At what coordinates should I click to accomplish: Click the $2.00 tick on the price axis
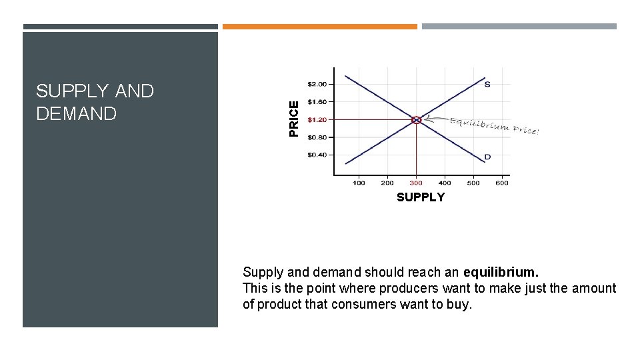(317, 84)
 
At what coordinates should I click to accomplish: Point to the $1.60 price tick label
(317, 102)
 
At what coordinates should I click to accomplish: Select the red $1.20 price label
(317, 120)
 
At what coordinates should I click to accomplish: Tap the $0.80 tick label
(317, 137)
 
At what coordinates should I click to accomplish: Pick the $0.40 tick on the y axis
(317, 155)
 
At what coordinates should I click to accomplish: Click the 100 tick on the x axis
(359, 183)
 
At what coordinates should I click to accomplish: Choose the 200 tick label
(387, 183)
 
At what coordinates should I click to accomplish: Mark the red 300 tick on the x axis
(416, 183)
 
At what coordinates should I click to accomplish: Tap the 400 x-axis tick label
(445, 183)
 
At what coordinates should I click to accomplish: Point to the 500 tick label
(473, 183)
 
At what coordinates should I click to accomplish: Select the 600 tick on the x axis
(502, 183)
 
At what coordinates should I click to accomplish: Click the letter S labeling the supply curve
(487, 84)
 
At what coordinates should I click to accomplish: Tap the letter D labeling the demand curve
(487, 157)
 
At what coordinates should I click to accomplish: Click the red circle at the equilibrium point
(416, 120)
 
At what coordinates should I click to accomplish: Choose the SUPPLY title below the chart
(420, 197)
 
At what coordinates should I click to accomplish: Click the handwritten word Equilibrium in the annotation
(479, 125)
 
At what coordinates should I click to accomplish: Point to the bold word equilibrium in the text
(501, 272)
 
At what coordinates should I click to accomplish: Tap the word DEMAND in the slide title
(76, 113)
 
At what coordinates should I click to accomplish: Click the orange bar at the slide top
(319, 27)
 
